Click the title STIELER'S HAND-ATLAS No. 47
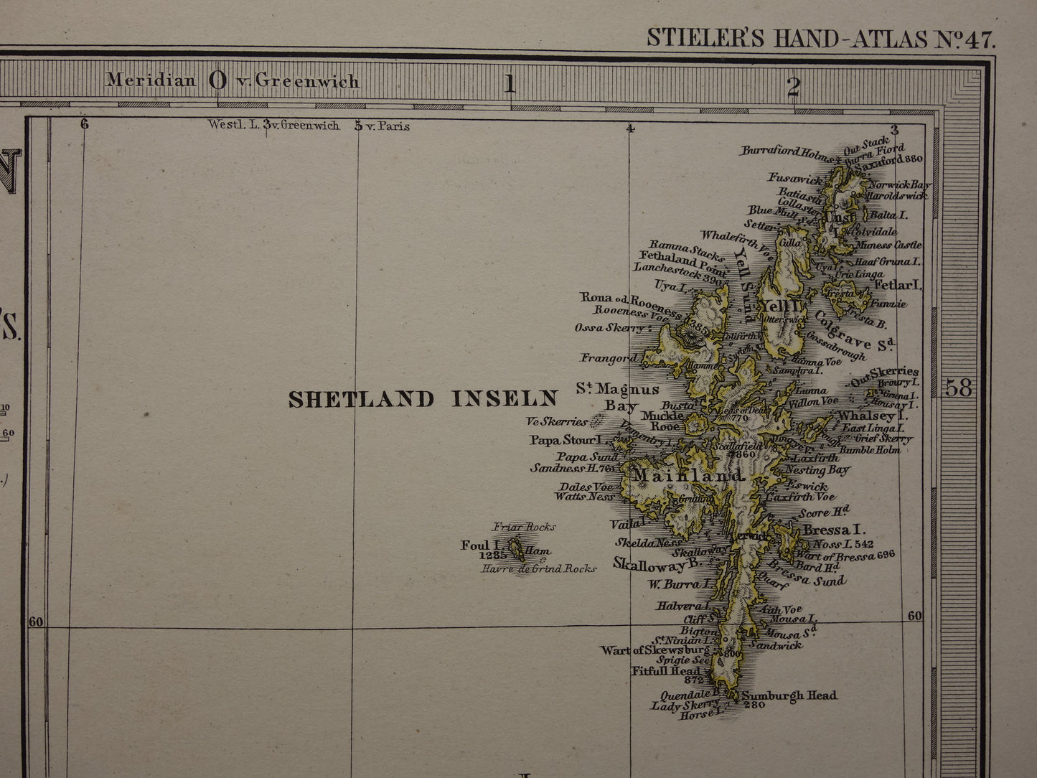coord(821,37)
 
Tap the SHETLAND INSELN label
coord(423,399)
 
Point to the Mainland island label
coord(688,477)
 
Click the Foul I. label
coord(475,545)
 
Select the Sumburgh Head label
coord(789,695)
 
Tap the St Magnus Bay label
coord(618,397)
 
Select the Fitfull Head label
coord(665,671)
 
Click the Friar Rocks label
coord(524,527)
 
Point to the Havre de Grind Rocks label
coord(539,568)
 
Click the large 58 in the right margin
coord(959,388)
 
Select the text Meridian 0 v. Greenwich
coord(233,80)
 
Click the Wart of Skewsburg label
coord(654,650)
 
